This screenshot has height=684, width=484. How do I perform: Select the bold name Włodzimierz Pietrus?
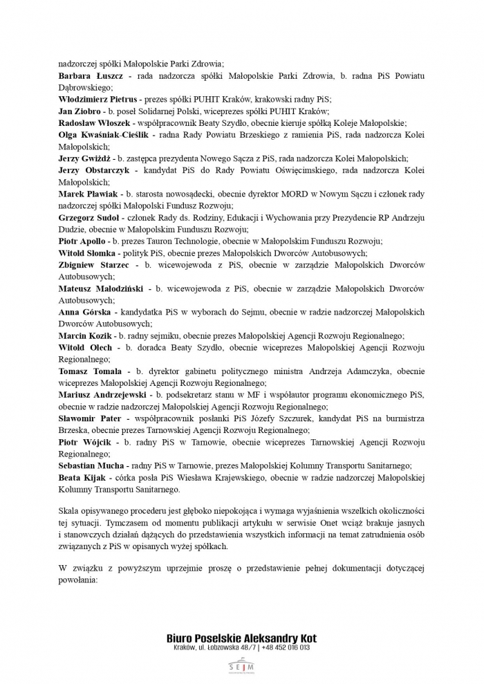(98, 99)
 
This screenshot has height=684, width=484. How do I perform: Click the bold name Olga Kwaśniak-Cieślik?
(102, 135)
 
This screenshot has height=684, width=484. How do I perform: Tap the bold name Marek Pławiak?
(89, 194)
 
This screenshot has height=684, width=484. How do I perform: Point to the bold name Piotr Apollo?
(82, 241)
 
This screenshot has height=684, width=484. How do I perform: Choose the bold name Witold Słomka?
(86, 253)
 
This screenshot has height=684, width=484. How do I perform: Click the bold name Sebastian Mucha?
(91, 466)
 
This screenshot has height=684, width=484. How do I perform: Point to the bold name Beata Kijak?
(82, 478)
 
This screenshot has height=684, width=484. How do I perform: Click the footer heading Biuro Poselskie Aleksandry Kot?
(241, 638)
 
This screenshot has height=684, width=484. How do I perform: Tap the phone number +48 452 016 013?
(286, 648)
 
